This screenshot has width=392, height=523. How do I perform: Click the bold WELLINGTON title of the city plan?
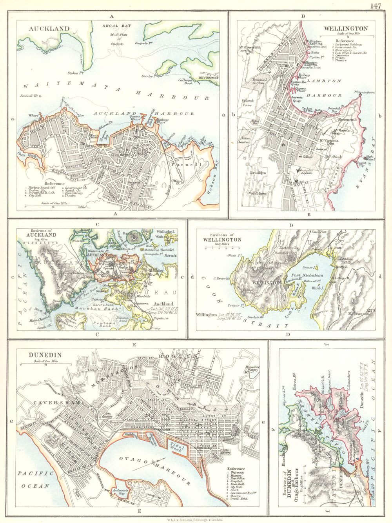pyautogui.click(x=345, y=29)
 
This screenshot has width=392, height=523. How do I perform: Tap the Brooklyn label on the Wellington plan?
pyautogui.click(x=258, y=173)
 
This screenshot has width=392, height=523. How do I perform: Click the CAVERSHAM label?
pyautogui.click(x=51, y=403)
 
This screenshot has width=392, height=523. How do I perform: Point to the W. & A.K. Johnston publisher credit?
pyautogui.click(x=196, y=519)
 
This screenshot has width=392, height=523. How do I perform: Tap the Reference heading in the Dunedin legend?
pyautogui.click(x=236, y=469)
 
